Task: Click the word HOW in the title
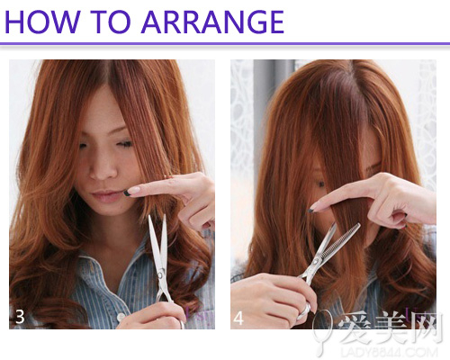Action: click(43, 22)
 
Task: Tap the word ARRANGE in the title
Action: click(212, 22)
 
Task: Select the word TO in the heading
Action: click(111, 22)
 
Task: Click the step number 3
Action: click(20, 317)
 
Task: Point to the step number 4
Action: click(238, 318)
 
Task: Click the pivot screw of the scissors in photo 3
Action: click(161, 274)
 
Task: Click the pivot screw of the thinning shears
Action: click(316, 262)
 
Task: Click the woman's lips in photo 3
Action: click(106, 196)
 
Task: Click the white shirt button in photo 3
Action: click(121, 317)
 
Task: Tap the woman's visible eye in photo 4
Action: click(320, 183)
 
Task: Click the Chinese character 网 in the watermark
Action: click(427, 328)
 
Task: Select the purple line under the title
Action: click(225, 44)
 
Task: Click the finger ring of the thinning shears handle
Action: click(303, 310)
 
